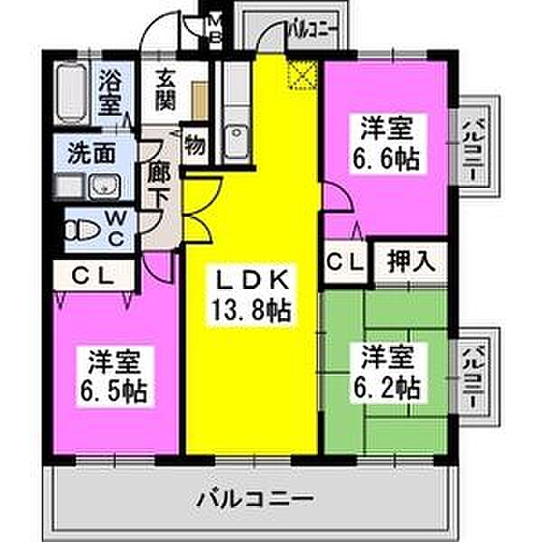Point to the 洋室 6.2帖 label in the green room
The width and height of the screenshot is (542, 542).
[x=387, y=372]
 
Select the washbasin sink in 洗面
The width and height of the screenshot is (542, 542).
[x=101, y=188]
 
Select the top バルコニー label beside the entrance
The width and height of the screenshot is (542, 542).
[x=311, y=30]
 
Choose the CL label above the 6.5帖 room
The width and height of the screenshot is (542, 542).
[x=94, y=277]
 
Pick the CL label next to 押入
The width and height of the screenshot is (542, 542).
[x=343, y=262]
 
